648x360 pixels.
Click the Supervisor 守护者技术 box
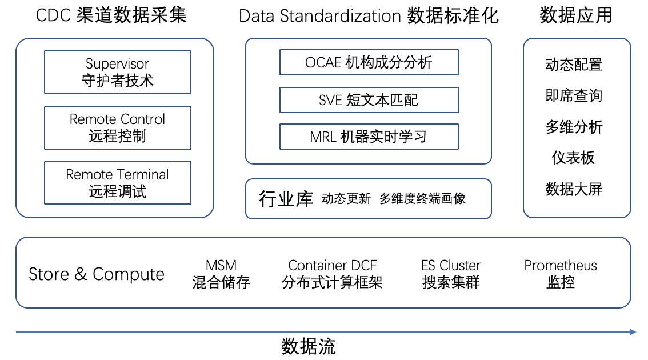click(118, 72)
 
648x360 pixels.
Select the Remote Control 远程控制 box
click(118, 128)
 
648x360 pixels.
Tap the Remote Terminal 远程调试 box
click(118, 183)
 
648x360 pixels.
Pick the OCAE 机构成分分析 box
click(369, 62)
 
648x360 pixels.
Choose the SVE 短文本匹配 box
click(369, 100)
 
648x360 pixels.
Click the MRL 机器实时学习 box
click(369, 137)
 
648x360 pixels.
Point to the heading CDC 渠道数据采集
click(111, 15)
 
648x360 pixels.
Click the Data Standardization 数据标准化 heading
click(369, 16)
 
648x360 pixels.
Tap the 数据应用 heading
click(575, 15)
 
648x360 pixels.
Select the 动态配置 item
click(574, 65)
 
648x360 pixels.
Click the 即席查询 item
click(574, 96)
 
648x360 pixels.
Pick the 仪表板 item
click(573, 158)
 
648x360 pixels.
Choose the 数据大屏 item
click(574, 189)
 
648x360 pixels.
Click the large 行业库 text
click(286, 199)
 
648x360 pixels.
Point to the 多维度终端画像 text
click(422, 199)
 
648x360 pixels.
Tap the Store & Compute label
click(97, 274)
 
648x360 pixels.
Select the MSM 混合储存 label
click(221, 274)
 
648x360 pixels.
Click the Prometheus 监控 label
click(561, 274)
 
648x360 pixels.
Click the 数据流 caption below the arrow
click(309, 346)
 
